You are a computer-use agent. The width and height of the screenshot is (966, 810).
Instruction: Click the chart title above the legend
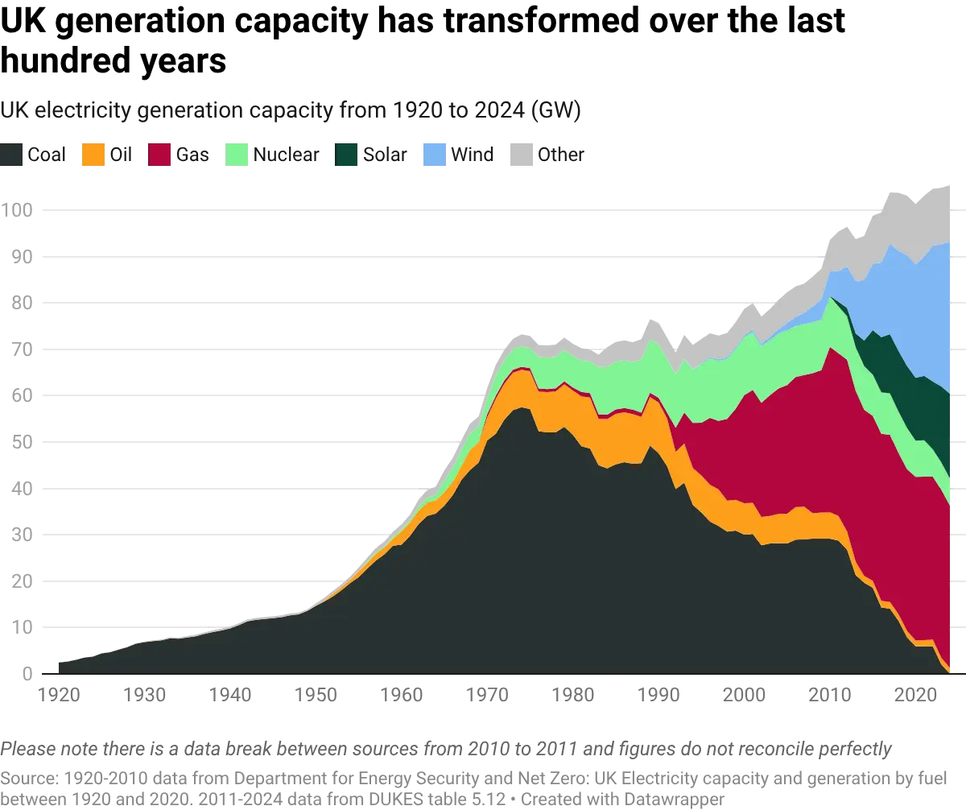click(294, 110)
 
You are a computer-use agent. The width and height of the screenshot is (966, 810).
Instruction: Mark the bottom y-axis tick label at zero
click(24, 673)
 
